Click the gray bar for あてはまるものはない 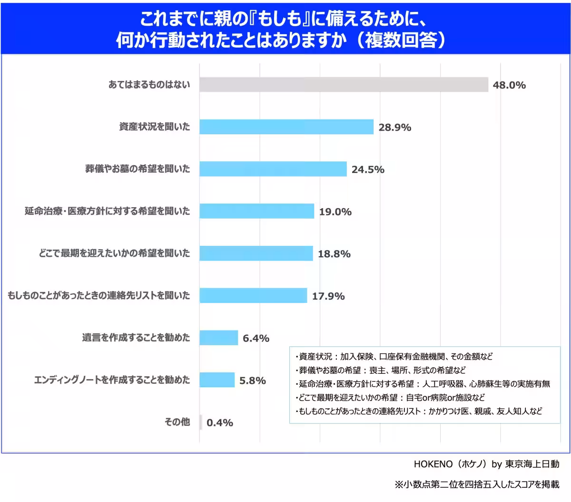coord(344,84)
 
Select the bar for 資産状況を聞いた coord(286,127)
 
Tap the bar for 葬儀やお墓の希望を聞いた coord(273,169)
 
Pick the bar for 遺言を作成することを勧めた coord(218,338)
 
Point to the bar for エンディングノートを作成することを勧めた coord(217,380)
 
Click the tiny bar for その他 coord(201,422)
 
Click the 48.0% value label coord(509,85)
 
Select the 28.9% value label coord(394,127)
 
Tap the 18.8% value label coord(334,254)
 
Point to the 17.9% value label coord(328,296)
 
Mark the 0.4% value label coord(220,422)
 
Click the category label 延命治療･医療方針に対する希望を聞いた coord(108,211)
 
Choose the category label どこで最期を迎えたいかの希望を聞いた coord(114,253)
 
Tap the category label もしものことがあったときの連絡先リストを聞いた coord(99,296)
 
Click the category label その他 coord(177,422)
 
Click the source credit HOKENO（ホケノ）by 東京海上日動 coord(486,464)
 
